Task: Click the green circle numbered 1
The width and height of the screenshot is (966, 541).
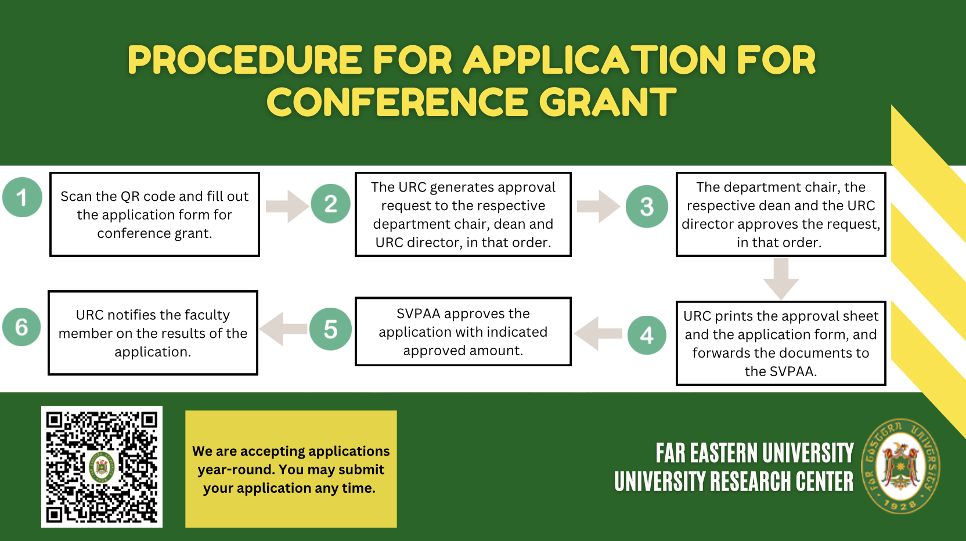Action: (23, 197)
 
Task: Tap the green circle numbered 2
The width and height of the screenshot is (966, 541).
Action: (331, 204)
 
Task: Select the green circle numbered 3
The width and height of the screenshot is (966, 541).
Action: (647, 207)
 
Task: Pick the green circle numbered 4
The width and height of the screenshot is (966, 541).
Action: (647, 335)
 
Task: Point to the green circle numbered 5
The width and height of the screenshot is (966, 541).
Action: (331, 329)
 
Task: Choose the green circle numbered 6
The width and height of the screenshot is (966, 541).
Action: (21, 327)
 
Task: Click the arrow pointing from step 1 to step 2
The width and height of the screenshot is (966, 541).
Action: (287, 207)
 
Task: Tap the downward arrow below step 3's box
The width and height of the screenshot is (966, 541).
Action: (781, 279)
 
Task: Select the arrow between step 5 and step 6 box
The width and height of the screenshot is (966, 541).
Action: (283, 329)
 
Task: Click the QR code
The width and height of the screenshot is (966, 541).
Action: (102, 467)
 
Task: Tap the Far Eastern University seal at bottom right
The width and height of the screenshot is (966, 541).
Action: (901, 466)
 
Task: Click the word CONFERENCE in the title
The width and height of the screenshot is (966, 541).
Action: (397, 102)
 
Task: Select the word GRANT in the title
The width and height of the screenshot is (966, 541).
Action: (607, 102)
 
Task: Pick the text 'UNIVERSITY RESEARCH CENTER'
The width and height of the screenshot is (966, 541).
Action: (734, 481)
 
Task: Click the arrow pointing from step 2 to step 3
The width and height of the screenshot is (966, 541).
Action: (599, 207)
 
